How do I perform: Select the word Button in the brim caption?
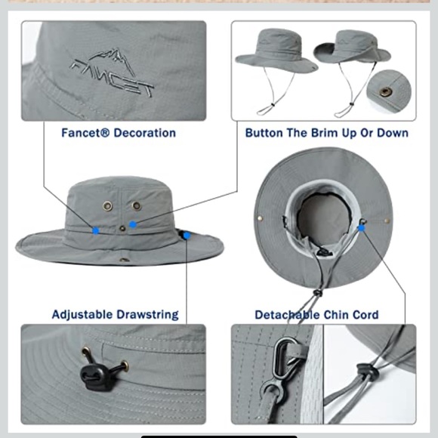265,133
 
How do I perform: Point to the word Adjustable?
82,314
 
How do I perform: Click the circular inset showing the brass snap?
388,91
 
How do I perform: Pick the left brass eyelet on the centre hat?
107,204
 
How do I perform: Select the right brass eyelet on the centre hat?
137,205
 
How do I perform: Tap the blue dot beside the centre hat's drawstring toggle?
187,235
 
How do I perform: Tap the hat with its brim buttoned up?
352,53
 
